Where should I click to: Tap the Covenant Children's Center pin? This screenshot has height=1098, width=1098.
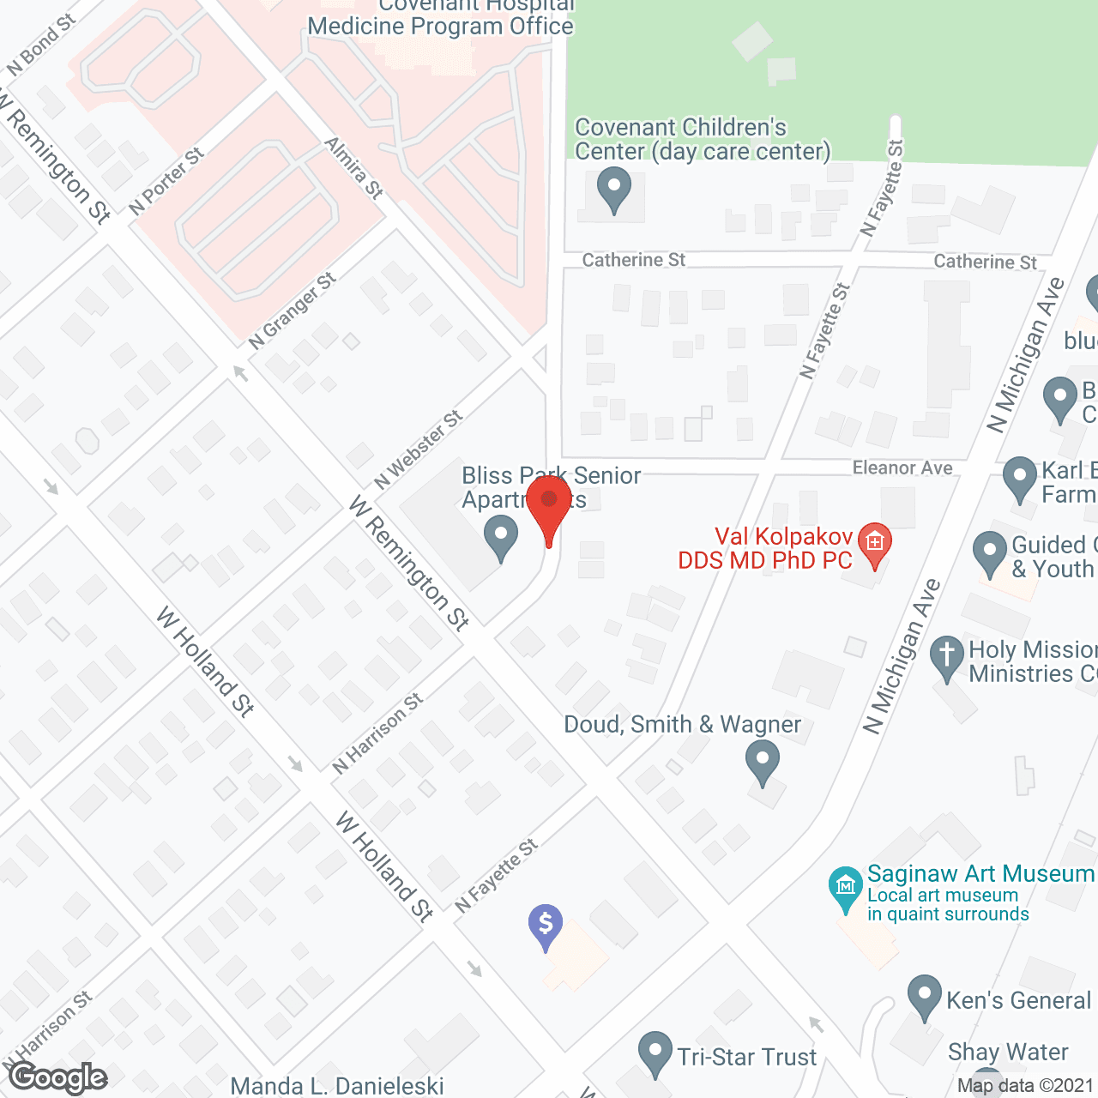pyautogui.click(x=613, y=189)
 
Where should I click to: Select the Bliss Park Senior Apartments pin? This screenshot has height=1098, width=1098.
pyautogui.click(x=501, y=540)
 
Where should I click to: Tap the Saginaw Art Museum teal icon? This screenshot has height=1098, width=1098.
pyautogui.click(x=845, y=888)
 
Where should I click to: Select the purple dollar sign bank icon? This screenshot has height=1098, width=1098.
pyautogui.click(x=546, y=926)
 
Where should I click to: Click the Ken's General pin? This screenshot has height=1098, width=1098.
pyautogui.click(x=924, y=996)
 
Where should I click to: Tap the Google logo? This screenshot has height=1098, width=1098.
pyautogui.click(x=58, y=1077)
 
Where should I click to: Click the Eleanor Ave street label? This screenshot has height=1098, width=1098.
pyautogui.click(x=902, y=468)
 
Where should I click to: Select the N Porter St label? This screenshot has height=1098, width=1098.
pyautogui.click(x=167, y=181)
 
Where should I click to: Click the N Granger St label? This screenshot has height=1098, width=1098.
pyautogui.click(x=293, y=311)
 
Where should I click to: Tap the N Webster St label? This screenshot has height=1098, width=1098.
pyautogui.click(x=419, y=450)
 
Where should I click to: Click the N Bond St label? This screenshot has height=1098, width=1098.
pyautogui.click(x=41, y=45)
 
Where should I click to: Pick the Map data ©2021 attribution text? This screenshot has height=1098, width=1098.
pyautogui.click(x=1025, y=1086)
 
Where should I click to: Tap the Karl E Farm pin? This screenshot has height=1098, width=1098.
pyautogui.click(x=1020, y=478)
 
